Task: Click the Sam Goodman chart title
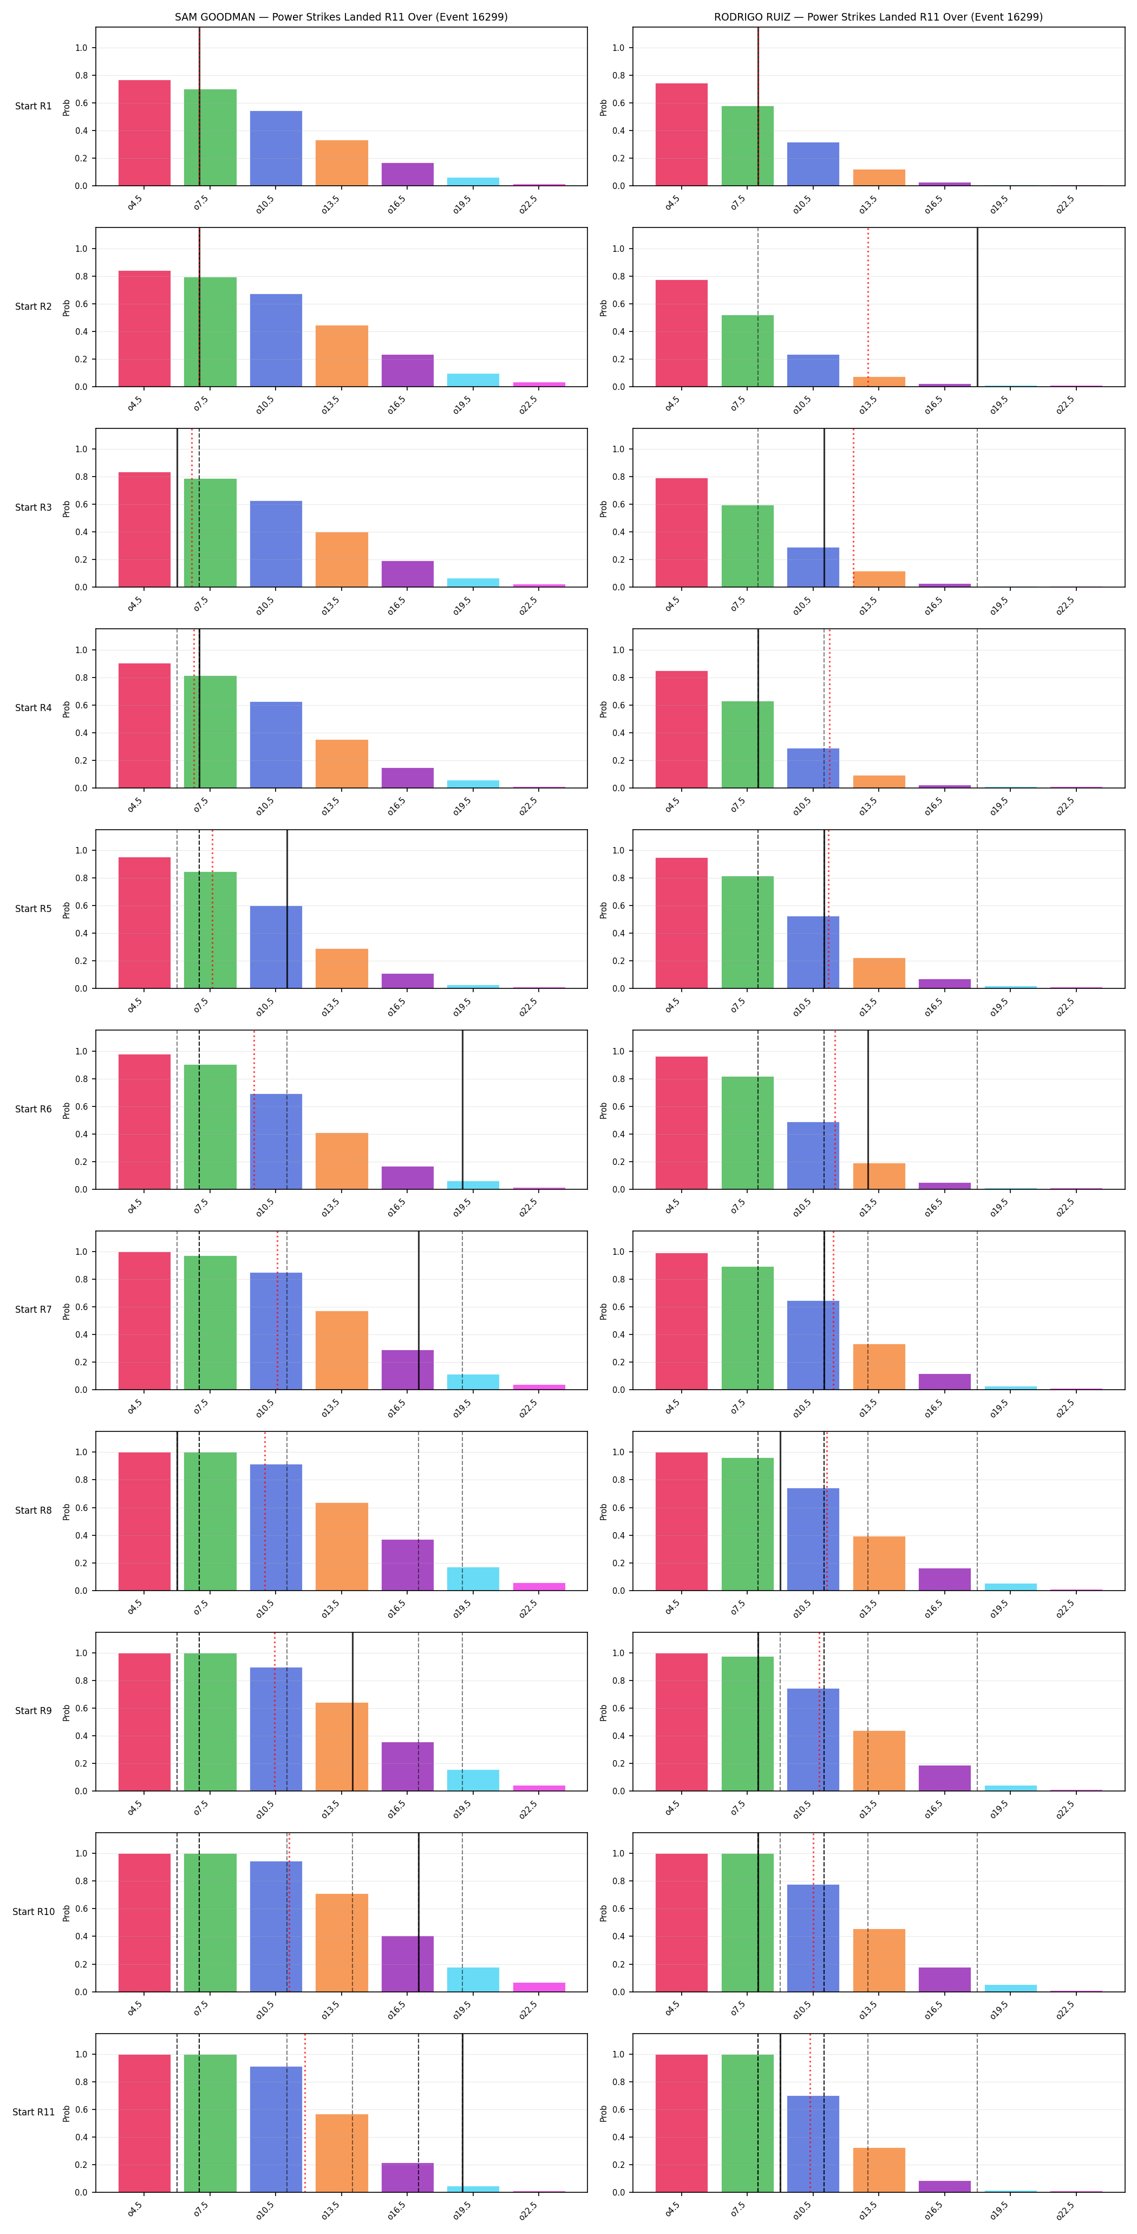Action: [x=341, y=16]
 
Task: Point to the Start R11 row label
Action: [x=33, y=2112]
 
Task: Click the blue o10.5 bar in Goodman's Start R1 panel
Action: [x=276, y=148]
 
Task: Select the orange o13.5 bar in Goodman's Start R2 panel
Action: [x=342, y=356]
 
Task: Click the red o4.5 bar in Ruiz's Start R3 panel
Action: [x=682, y=532]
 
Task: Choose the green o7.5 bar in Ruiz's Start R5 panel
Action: [x=748, y=932]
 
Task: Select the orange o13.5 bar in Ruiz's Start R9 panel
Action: [x=879, y=1761]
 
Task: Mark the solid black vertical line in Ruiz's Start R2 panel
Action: [x=977, y=307]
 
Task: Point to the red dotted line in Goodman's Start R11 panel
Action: [x=305, y=2113]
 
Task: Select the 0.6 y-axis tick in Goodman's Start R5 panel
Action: [x=82, y=906]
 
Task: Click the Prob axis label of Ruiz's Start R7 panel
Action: [x=604, y=1311]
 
